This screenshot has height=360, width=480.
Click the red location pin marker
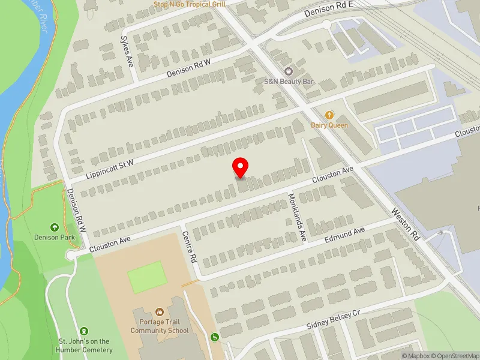241,167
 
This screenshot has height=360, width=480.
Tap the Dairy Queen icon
329,115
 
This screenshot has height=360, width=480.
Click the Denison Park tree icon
55,227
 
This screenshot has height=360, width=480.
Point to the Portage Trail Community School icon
160,312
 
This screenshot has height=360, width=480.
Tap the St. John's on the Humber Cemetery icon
84,331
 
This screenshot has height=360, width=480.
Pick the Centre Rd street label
190,248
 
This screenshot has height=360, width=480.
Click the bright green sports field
147,277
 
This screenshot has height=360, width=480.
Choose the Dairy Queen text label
329,125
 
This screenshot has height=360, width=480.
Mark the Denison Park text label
55,237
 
